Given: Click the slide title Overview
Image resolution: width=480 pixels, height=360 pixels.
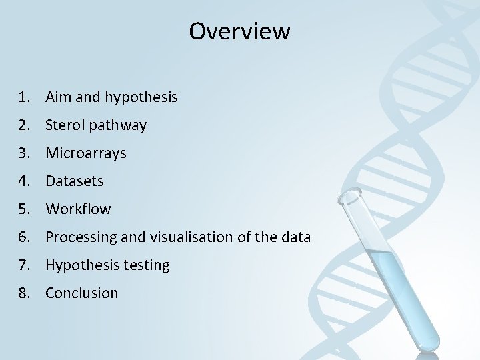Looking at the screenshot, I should coord(239,31).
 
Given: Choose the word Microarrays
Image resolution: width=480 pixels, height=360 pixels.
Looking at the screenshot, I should coord(85,153).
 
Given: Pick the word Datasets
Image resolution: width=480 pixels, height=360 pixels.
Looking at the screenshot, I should coord(75,181).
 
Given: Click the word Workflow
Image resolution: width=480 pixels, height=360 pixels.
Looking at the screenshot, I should coord(78,209).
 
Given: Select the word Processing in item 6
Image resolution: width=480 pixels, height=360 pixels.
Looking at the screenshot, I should coord(79,237).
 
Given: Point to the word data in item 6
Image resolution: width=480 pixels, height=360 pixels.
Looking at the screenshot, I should coord(296,237).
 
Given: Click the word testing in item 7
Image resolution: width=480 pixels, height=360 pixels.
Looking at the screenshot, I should coord(145,265).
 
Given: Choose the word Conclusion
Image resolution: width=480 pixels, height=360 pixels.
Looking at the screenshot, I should coord(81,293).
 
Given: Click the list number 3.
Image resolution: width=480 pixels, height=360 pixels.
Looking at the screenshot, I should coord(25,153).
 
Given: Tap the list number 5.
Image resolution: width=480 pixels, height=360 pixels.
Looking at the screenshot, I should coord(25,209).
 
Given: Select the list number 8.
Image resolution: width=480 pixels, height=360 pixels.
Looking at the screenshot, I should coord(25,293).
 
